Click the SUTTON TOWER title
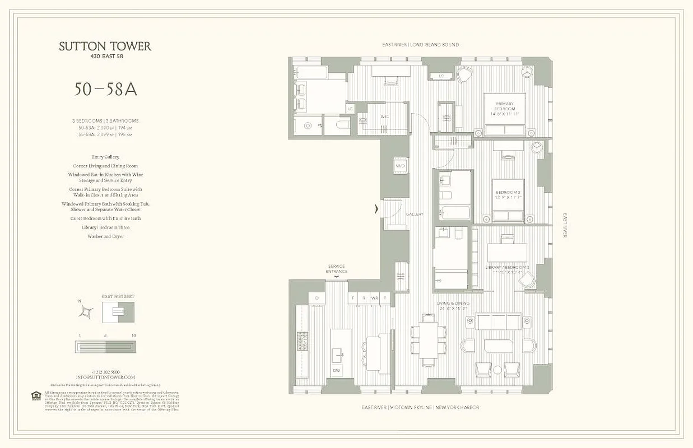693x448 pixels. [105, 46]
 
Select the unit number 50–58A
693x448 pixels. [105, 90]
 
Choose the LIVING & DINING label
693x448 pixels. [452, 306]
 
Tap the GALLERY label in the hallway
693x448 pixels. [415, 214]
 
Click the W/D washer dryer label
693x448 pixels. [400, 166]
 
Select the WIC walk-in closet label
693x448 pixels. [369, 116]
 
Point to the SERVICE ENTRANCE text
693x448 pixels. [336, 269]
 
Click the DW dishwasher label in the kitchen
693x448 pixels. [336, 370]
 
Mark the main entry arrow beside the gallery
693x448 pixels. [377, 209]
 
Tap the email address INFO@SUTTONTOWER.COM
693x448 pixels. [105, 377]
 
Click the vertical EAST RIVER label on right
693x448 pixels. [565, 225]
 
